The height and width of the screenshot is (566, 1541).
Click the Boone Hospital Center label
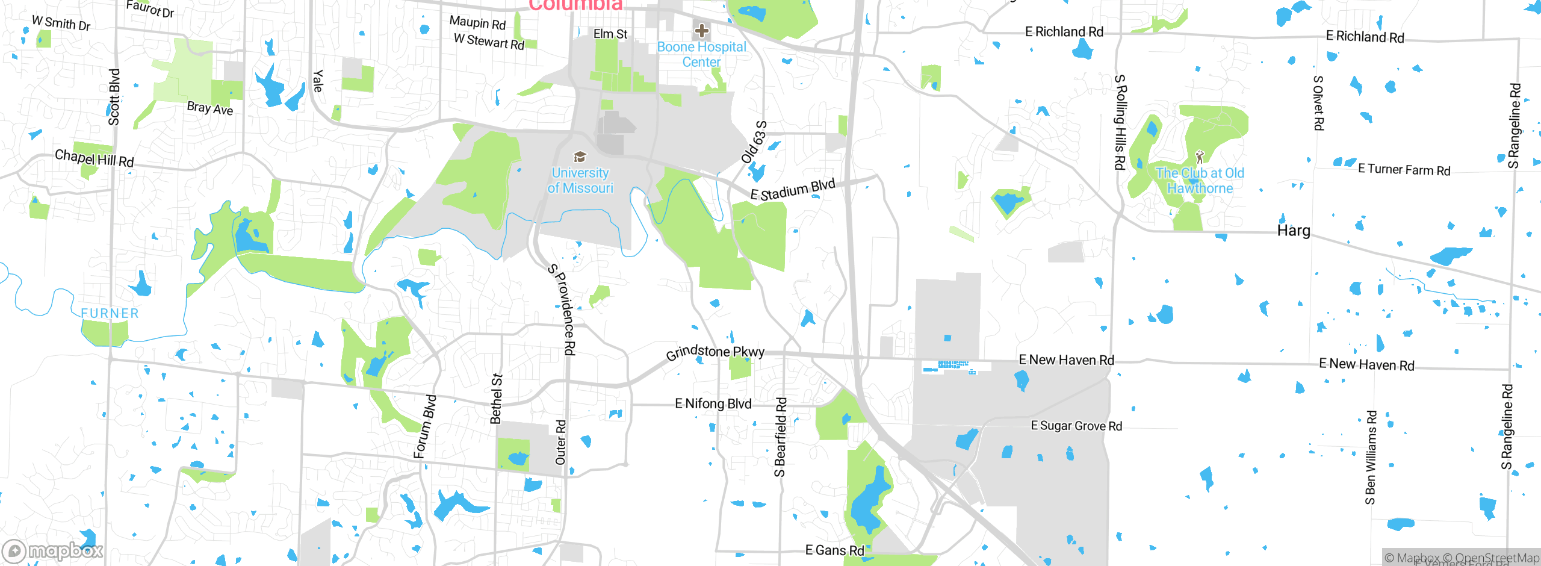coord(701,54)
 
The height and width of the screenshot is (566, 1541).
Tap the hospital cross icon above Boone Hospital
coord(701,30)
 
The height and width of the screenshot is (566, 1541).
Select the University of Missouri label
coord(580,180)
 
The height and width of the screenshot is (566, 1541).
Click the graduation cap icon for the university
coord(580,157)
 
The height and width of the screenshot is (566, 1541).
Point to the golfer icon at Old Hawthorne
coord(1200,157)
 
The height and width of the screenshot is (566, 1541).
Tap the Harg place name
coord(1294,231)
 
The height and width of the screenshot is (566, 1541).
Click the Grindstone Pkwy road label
coord(715,352)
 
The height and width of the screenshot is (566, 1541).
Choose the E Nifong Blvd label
coord(713,403)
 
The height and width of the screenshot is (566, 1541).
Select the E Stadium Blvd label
coord(793,190)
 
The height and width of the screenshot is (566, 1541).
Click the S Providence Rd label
coord(562,309)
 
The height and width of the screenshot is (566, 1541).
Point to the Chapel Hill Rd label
coord(95,158)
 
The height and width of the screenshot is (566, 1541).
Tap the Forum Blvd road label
coord(425,426)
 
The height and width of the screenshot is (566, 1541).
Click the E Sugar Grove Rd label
coord(1076,426)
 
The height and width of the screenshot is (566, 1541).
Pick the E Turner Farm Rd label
coord(1404,170)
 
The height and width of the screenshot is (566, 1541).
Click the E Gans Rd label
coord(834,550)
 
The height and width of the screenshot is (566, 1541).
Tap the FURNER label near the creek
coord(110,313)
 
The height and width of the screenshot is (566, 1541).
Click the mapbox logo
coord(53,551)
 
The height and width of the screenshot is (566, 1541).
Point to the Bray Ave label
coord(209,108)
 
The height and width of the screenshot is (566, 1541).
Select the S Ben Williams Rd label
coord(1371,458)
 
